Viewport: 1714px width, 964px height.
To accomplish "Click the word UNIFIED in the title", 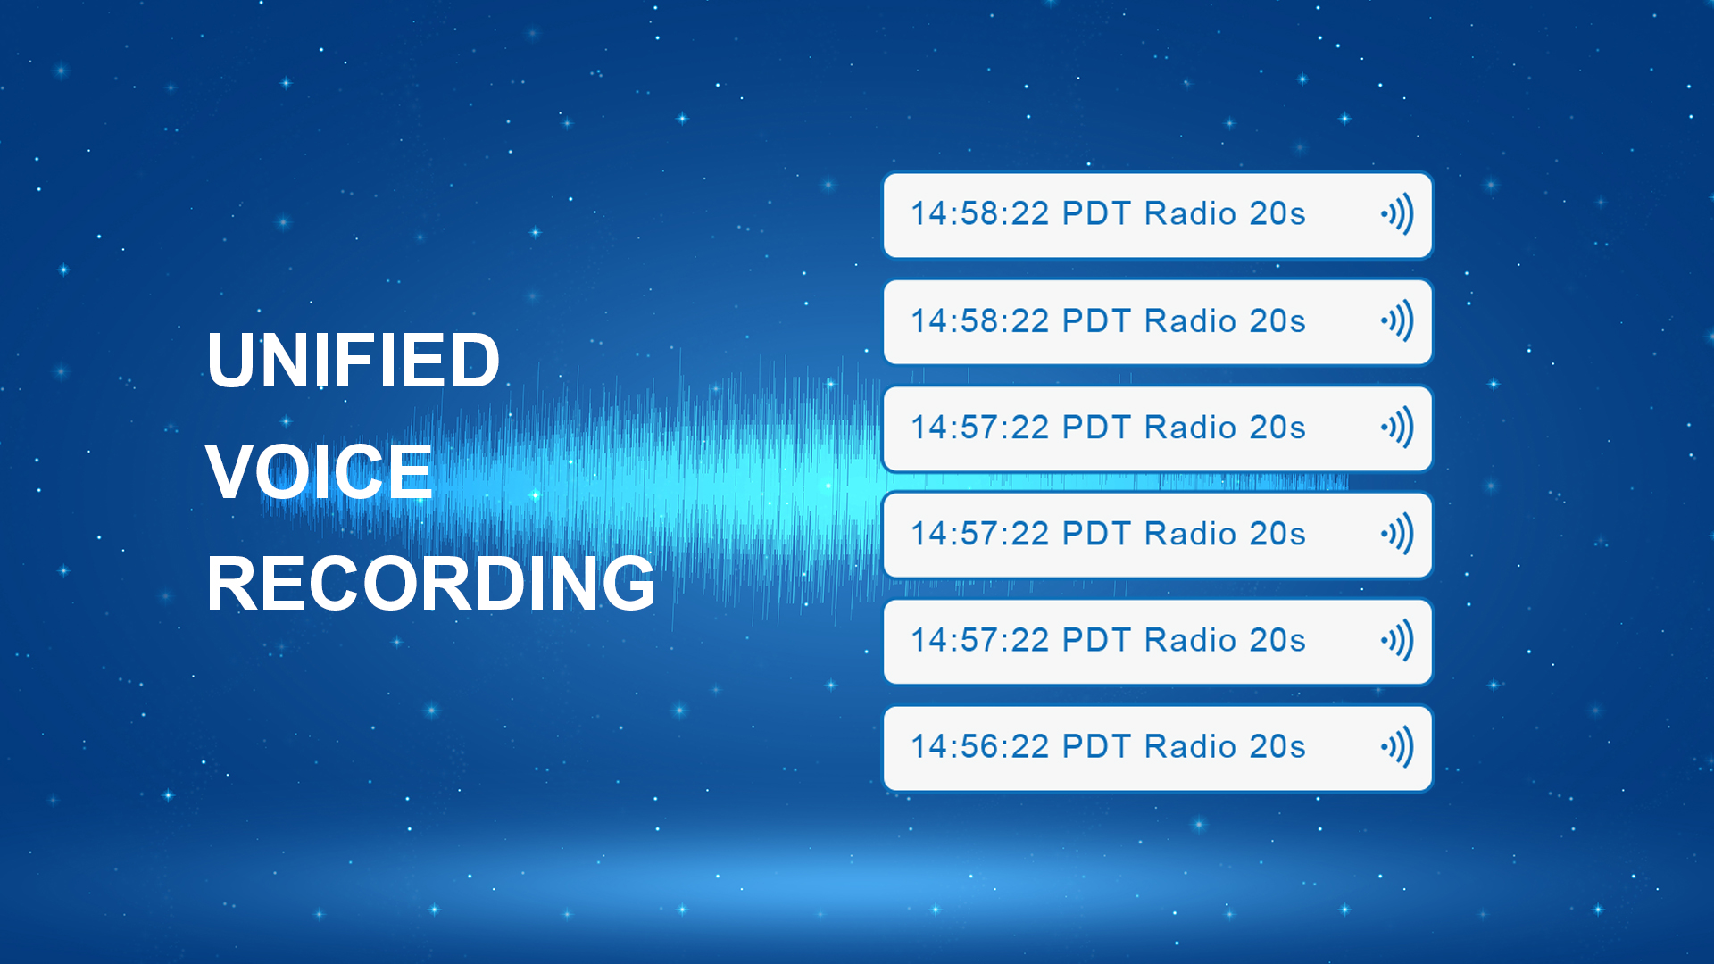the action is (x=353, y=360).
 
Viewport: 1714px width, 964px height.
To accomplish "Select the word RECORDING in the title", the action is (x=431, y=583).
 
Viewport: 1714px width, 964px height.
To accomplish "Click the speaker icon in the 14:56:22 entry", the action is (x=1397, y=746).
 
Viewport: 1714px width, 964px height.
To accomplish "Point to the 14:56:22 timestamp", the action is (x=979, y=746).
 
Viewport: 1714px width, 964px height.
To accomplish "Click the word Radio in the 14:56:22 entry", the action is (x=1190, y=746).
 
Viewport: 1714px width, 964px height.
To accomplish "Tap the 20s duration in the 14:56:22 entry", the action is (x=1277, y=746).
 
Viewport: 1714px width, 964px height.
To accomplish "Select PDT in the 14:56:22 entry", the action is (x=1097, y=746).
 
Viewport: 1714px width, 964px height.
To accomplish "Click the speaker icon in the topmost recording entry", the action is (x=1397, y=214).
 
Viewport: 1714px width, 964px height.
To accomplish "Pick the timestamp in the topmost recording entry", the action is (x=979, y=213).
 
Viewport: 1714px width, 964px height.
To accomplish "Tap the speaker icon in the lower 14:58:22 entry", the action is (x=1397, y=320).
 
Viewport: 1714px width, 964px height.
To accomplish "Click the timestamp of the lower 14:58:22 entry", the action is (x=979, y=320).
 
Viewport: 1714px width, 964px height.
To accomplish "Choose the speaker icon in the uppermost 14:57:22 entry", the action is (x=1397, y=427).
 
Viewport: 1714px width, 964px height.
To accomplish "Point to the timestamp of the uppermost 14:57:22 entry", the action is (x=979, y=427).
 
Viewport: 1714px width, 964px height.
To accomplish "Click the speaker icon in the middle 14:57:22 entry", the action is (x=1397, y=534).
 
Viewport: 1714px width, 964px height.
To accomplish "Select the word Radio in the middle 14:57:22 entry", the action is (x=1190, y=533).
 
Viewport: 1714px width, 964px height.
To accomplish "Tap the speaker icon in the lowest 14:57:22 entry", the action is (x=1397, y=640).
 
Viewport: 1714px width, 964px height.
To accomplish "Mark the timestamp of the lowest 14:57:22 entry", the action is (x=979, y=640).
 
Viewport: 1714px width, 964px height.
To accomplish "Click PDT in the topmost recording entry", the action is (x=1097, y=213).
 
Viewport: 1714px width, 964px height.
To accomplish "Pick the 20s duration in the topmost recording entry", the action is (x=1277, y=213).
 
